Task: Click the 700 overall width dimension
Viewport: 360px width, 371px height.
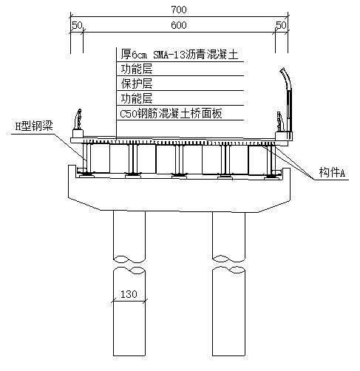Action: pos(179,10)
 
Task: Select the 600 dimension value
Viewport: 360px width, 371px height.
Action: pos(179,25)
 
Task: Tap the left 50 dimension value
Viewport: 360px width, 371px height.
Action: pos(77,25)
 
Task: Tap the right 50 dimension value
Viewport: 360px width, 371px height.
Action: pos(281,25)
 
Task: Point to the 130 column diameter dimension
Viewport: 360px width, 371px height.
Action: pos(129,294)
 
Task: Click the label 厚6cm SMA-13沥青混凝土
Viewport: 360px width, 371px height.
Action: pos(180,55)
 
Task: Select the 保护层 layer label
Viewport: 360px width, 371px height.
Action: pos(137,84)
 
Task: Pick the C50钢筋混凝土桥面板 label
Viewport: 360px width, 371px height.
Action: pos(171,114)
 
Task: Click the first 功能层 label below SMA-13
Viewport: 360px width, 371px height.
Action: pos(137,69)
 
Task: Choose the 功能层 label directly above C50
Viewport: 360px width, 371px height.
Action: pos(137,98)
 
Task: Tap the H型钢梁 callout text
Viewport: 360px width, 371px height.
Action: pos(34,126)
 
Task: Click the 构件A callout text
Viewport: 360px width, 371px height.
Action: pos(332,172)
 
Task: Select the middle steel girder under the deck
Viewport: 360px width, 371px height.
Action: pos(179,160)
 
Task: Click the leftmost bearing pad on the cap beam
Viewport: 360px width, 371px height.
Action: pos(86,175)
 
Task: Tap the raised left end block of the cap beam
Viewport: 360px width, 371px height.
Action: pos(72,171)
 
